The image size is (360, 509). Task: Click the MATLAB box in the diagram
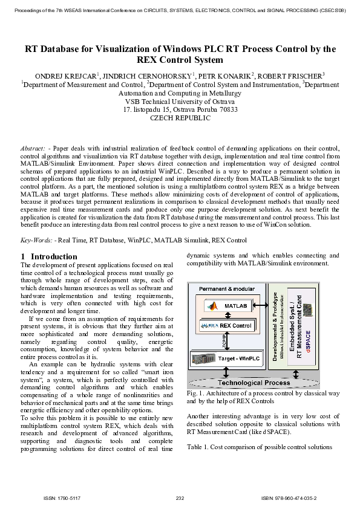coord(227,306)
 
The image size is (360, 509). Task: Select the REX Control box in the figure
coord(227,326)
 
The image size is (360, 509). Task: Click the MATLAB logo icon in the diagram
coord(212,306)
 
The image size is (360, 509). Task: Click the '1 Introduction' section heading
coord(49,256)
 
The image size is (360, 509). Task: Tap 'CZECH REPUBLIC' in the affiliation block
coord(180,118)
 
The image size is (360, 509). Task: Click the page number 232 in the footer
coord(180,498)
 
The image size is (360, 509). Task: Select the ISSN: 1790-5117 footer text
coord(62,498)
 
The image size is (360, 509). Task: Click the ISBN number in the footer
coord(289,498)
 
